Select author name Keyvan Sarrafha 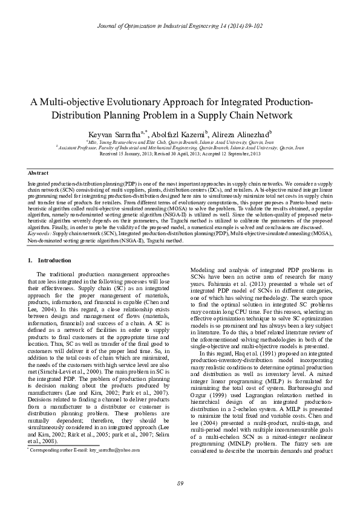click(112, 134)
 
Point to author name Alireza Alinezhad click(241, 134)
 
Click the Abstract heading click(39, 173)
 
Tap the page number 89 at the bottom click(180, 482)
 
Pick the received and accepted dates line click(180, 154)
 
